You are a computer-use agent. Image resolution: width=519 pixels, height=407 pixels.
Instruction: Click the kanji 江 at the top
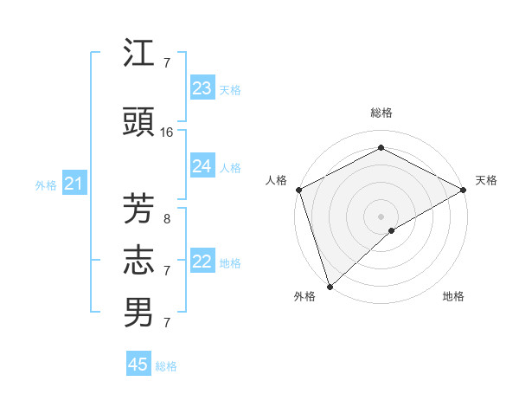[138, 54]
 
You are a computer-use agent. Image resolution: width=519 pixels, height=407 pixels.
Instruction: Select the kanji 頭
[138, 123]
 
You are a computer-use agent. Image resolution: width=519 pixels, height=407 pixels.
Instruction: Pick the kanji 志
[138, 261]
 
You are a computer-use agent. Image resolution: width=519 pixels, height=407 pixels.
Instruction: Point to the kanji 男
[138, 313]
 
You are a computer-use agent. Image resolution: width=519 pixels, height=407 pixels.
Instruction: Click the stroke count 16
[167, 132]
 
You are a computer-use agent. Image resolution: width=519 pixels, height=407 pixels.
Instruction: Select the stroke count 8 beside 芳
[167, 219]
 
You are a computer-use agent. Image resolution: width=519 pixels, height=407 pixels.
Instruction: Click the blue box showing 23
[202, 88]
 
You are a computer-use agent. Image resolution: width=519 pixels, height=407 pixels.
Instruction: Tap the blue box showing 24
[202, 166]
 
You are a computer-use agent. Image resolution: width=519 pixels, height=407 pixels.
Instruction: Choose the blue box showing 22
[202, 262]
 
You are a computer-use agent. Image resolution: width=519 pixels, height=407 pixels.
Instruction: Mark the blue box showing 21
[74, 184]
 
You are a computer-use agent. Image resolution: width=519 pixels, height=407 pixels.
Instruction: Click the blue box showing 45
[138, 365]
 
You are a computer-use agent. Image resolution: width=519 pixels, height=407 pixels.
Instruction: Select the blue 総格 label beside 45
[166, 366]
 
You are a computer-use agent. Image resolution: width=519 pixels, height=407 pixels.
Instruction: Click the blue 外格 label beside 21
[46, 184]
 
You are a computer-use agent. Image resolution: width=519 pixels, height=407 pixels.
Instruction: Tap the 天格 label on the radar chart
[486, 180]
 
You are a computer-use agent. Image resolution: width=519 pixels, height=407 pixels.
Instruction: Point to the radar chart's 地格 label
[453, 296]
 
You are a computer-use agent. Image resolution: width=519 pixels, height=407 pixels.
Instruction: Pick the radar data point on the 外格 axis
[329, 287]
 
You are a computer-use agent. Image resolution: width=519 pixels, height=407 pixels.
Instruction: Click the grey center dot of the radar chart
[381, 216]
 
